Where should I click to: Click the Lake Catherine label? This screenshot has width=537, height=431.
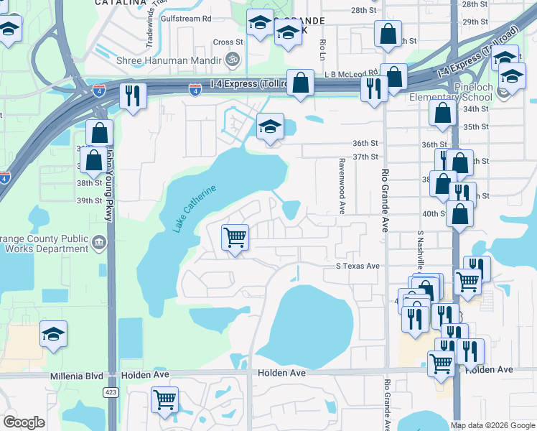click(x=195, y=208)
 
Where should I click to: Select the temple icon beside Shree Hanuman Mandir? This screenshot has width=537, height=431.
click(x=231, y=58)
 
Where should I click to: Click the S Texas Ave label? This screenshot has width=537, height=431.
click(x=358, y=266)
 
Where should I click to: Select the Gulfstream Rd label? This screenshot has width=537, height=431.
click(x=187, y=19)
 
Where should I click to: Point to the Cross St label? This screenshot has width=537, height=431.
click(x=228, y=42)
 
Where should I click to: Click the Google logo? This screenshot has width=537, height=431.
click(x=24, y=422)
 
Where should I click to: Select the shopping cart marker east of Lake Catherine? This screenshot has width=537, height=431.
click(x=235, y=236)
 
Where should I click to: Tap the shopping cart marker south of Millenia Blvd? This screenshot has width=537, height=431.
click(x=165, y=399)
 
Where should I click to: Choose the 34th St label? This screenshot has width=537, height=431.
click(x=475, y=108)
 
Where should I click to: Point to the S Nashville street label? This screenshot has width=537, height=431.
click(x=419, y=249)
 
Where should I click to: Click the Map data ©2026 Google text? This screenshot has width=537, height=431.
click(x=492, y=425)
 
